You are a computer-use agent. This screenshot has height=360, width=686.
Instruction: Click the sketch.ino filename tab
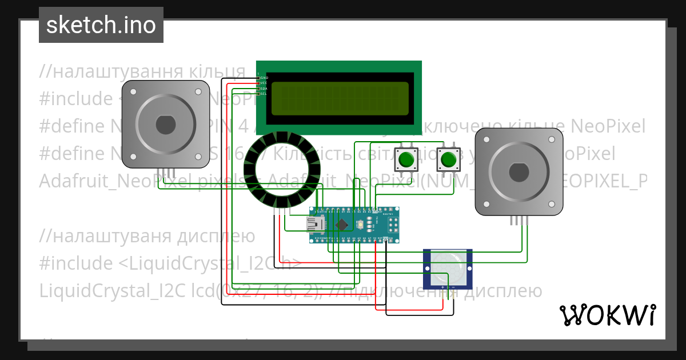(101, 25)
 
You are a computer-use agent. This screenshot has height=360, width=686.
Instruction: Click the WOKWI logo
(608, 315)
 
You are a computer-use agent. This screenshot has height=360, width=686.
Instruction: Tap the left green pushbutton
(406, 159)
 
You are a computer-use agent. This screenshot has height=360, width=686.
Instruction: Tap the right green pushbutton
(448, 159)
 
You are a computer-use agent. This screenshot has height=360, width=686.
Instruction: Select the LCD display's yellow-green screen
(340, 98)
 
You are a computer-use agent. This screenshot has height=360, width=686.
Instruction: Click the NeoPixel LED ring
(277, 169)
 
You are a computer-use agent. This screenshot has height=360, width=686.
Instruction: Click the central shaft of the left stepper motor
(165, 124)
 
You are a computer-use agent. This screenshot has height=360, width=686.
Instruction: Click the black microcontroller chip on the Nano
(342, 225)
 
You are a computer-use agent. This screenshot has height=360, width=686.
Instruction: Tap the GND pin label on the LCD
(264, 78)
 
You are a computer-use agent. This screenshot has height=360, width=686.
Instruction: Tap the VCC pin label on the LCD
(264, 83)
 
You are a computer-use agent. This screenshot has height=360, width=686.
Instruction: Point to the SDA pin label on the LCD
(264, 89)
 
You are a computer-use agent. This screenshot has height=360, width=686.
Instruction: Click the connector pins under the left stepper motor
(165, 173)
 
